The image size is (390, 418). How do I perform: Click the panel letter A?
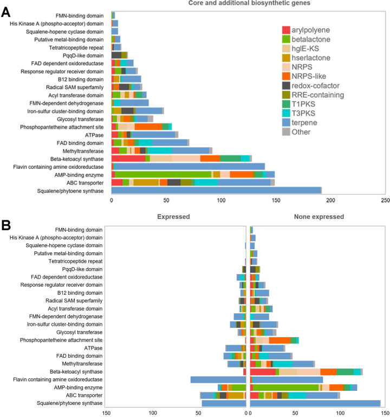(8, 12)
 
